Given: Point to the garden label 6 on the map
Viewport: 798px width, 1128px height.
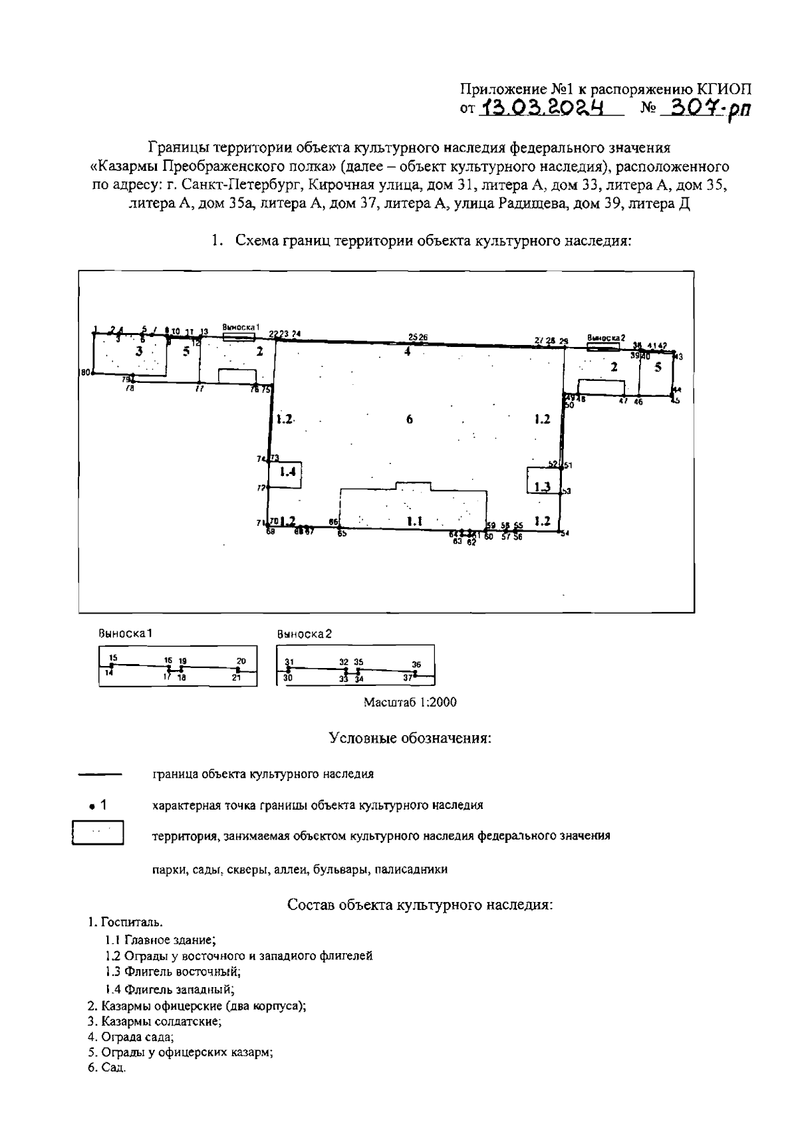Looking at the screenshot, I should (x=410, y=419).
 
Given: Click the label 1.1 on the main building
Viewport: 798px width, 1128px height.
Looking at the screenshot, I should (x=415, y=522).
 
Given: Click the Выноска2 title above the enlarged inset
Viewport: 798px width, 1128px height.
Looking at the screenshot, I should (x=304, y=634).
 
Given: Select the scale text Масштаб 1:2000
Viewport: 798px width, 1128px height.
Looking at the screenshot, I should (x=410, y=702).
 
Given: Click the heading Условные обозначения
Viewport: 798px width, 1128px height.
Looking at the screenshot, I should (x=410, y=738).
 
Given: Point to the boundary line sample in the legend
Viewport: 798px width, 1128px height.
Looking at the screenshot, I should (x=100, y=774).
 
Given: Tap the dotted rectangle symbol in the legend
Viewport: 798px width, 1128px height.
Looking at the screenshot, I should (x=98, y=833).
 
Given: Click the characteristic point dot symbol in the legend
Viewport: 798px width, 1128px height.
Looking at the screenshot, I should (x=91, y=806).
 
